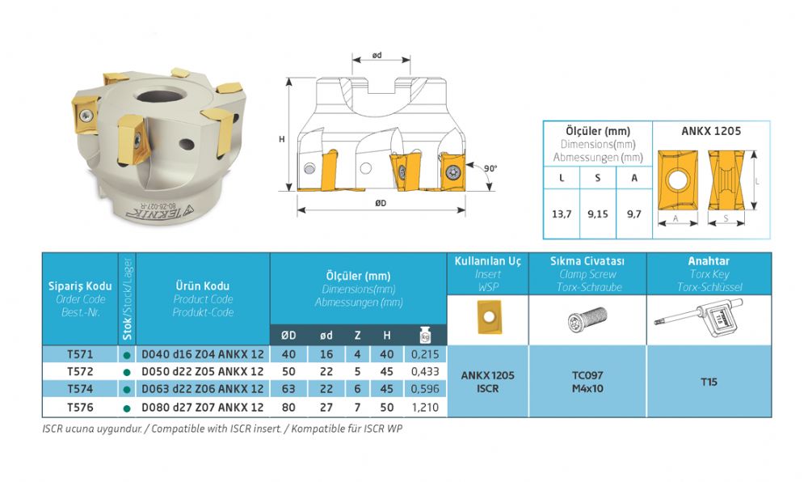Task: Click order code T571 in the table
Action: (80, 354)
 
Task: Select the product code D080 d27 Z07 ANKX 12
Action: (203, 408)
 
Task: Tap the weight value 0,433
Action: (425, 371)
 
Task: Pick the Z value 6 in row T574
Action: (357, 389)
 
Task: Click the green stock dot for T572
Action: (127, 372)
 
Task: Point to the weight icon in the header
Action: (425, 335)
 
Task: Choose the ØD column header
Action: (288, 336)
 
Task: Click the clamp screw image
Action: (587, 319)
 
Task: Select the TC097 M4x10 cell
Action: (587, 382)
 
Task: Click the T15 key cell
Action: (709, 382)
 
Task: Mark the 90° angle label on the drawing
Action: (490, 168)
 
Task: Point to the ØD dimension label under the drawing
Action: (381, 203)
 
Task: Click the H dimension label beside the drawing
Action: (282, 139)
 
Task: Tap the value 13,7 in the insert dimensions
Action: (562, 214)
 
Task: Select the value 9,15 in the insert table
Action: (598, 214)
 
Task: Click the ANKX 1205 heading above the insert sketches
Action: (711, 131)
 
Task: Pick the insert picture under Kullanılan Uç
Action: (489, 318)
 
